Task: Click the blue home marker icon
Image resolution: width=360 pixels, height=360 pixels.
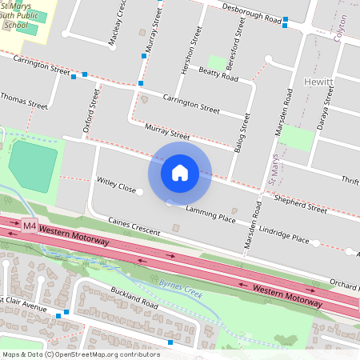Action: click(180, 172)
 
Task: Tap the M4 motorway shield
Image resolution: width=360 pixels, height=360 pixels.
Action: click(30, 226)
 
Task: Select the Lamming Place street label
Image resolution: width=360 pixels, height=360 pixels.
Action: click(210, 213)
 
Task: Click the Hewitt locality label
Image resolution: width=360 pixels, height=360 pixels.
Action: click(318, 82)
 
